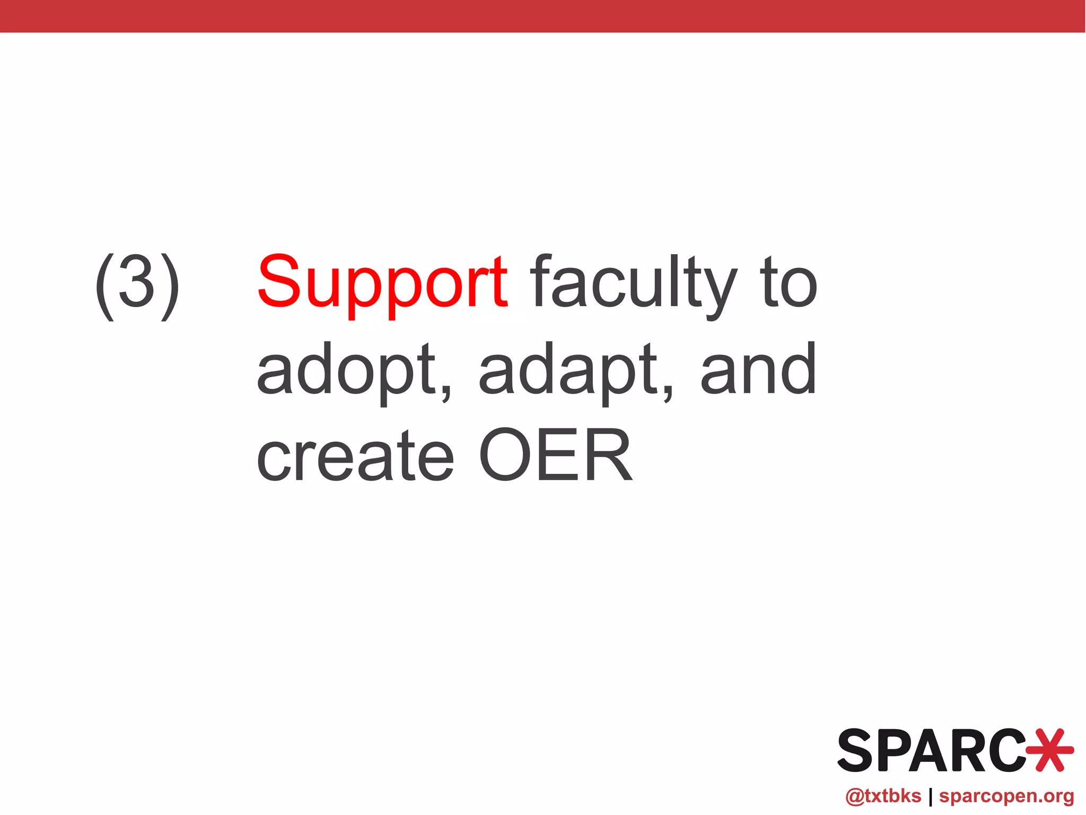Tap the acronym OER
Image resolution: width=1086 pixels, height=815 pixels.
pyautogui.click(x=555, y=456)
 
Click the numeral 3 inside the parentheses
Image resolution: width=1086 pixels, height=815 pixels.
pyautogui.click(x=137, y=283)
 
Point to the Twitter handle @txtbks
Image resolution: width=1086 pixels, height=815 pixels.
pyautogui.click(x=883, y=796)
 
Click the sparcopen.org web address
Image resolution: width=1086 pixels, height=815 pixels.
pyautogui.click(x=1006, y=796)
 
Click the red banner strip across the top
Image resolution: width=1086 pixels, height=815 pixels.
pyautogui.click(x=543, y=16)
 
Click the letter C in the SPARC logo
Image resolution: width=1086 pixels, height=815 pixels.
pyautogui.click(x=1008, y=750)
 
